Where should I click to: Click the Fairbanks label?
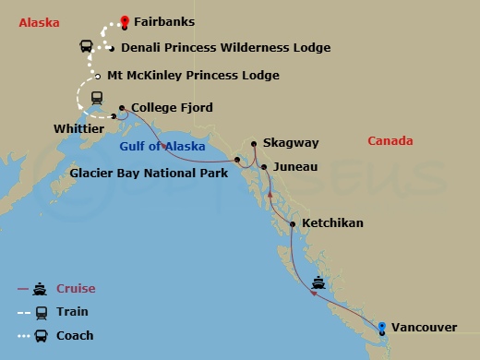[164, 21]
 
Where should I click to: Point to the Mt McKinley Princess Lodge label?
[193, 76]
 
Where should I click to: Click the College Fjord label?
[173, 108]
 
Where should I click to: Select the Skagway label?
[291, 143]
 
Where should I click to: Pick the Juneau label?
[295, 167]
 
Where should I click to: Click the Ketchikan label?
[333, 223]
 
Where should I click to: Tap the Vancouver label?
[425, 328]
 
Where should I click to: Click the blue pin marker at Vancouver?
[381, 325]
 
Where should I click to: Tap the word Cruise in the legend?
[76, 289]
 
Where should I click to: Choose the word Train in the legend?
[72, 312]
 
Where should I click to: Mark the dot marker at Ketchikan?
[293, 224]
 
